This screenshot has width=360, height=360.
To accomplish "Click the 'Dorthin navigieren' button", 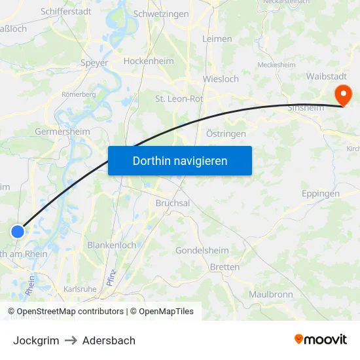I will pos(180,160).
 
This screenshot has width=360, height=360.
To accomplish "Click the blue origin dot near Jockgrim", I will pos(18,231).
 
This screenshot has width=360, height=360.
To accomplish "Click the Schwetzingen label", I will pos(160,14).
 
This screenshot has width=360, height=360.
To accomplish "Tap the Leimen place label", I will pos(217,39).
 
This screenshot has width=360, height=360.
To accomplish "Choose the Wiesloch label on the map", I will pos(221,79).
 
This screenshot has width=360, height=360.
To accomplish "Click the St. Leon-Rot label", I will pos(179,99).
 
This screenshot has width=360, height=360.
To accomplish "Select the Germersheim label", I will pos(62,131).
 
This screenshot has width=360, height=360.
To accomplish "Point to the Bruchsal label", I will pos(173,203).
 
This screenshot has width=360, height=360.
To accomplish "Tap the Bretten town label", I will pos(225,267).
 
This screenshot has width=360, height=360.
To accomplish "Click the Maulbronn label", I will pos(270,294).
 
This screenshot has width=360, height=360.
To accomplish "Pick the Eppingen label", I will pos(321,194).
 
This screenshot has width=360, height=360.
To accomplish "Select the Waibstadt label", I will pos(325,76).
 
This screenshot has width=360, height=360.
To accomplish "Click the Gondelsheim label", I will pos(202,251).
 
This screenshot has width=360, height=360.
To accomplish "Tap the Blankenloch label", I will pos(111,245).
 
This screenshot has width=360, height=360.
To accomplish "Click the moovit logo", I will pos(321,339).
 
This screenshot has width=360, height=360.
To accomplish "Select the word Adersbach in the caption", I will pos(109,340).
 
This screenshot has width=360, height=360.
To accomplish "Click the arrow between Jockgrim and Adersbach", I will pos(71,340).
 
